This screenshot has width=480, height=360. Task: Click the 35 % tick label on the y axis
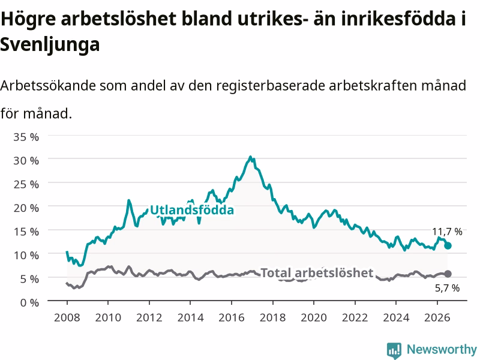pos(26,137)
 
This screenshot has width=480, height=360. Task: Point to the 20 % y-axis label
pos(26,208)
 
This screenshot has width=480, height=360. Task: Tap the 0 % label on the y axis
pos(29,303)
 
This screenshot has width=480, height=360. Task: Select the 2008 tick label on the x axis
pos(67,317)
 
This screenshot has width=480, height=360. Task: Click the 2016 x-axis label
pos(232,317)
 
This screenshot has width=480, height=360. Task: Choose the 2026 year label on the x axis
pos(437,317)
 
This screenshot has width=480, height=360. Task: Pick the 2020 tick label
pos(314,317)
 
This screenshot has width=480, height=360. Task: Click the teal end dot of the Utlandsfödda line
pos(448,245)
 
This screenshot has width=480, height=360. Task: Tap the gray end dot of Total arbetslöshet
pos(448,274)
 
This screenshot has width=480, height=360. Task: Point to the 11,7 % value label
pos(447,232)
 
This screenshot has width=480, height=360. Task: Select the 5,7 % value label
pos(447,288)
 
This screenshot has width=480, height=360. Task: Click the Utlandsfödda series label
pos(192,210)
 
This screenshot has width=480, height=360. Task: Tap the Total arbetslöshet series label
pos(317,273)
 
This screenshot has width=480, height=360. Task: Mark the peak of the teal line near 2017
pos(250,157)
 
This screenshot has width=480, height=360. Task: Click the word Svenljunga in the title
pos(50,45)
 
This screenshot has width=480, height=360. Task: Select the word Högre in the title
pos(28,19)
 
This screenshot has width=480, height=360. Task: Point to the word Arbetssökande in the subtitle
pos(48,85)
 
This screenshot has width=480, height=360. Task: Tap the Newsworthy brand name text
pos(442,349)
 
